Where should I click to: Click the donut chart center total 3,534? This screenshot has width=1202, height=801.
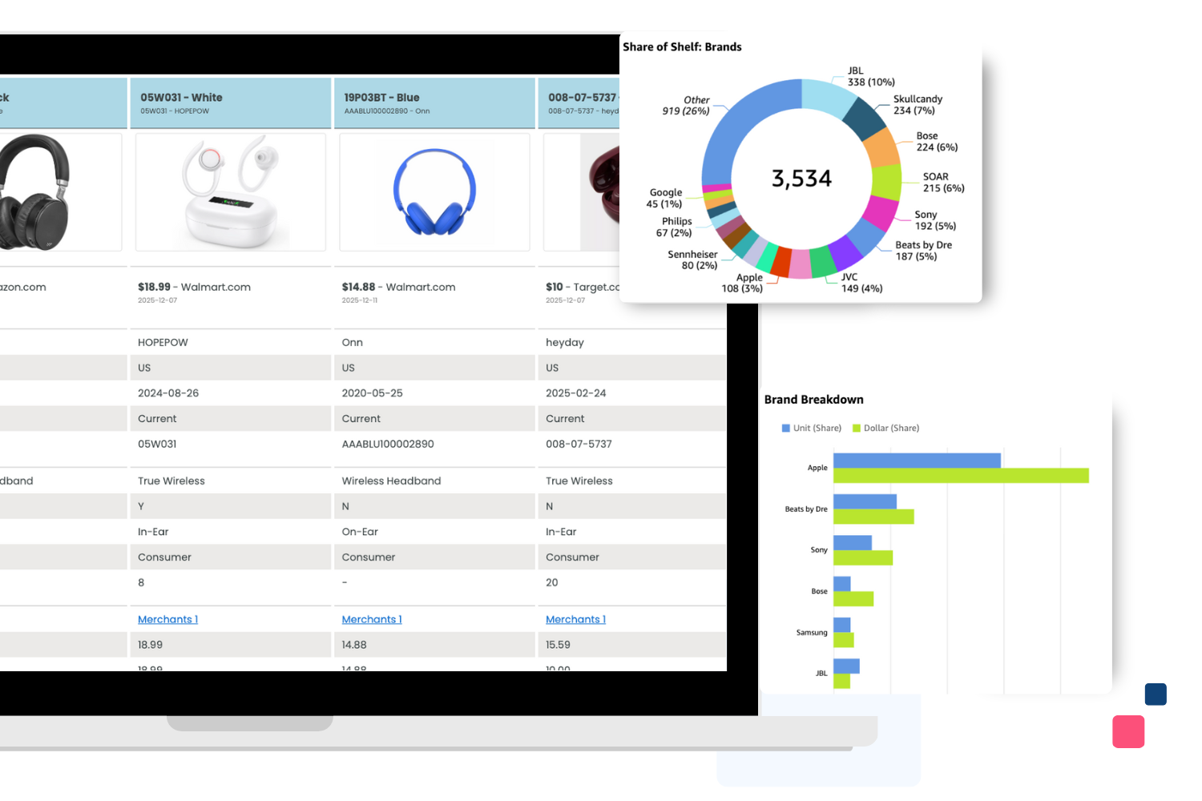pos(801,179)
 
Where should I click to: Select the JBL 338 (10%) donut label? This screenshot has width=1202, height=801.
pos(871,77)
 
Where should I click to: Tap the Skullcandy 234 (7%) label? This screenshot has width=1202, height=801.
pos(918,105)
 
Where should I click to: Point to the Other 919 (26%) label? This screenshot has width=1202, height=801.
pos(687,106)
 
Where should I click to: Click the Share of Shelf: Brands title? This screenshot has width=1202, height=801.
pos(682,47)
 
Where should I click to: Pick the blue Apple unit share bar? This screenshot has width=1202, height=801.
pos(917,461)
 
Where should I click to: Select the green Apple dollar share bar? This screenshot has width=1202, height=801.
pos(961,476)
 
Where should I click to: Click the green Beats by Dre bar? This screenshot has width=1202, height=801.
pos(873,517)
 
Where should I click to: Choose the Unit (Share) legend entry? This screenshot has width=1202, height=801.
pos(812,429)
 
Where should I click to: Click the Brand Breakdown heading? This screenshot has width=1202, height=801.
pos(813,400)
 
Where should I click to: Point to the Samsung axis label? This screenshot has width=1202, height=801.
pos(811,633)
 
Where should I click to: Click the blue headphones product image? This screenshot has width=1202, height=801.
pos(434,192)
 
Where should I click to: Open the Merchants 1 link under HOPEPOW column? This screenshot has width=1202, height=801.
pos(167,619)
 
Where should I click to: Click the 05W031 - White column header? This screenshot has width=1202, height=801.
pos(181,98)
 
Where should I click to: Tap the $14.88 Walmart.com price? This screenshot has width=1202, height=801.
pos(398,287)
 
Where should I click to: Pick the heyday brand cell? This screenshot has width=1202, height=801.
pos(565,342)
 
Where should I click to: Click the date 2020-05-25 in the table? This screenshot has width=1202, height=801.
pos(372,393)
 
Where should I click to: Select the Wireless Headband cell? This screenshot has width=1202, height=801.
pos(391,481)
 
